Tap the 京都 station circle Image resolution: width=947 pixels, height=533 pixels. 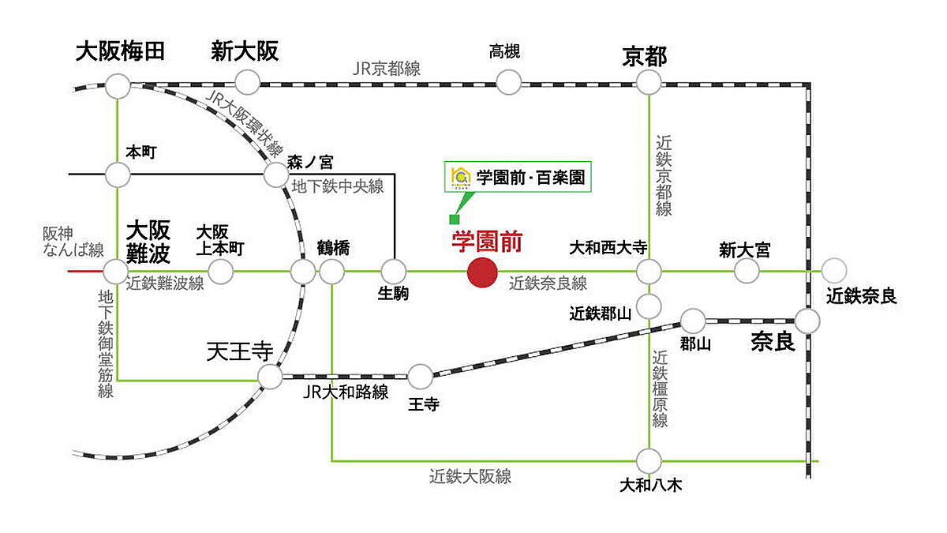(648, 81)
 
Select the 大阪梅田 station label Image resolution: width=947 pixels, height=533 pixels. (120, 52)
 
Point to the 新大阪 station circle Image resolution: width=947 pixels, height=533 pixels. (248, 81)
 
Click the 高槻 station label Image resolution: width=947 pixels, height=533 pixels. (505, 53)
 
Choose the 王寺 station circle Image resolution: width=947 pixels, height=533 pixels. (421, 376)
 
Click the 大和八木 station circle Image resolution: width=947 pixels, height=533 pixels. (649, 460)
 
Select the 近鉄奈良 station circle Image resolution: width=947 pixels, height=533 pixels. (833, 272)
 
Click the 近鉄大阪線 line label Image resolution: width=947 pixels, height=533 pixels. (470, 476)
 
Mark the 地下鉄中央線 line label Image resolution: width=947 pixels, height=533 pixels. (338, 186)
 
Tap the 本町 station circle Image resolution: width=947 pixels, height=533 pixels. (118, 173)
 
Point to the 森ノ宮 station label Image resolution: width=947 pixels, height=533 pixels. (310, 162)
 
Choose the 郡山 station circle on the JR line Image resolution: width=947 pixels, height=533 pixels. (693, 321)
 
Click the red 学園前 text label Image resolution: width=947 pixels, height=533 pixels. (487, 242)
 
